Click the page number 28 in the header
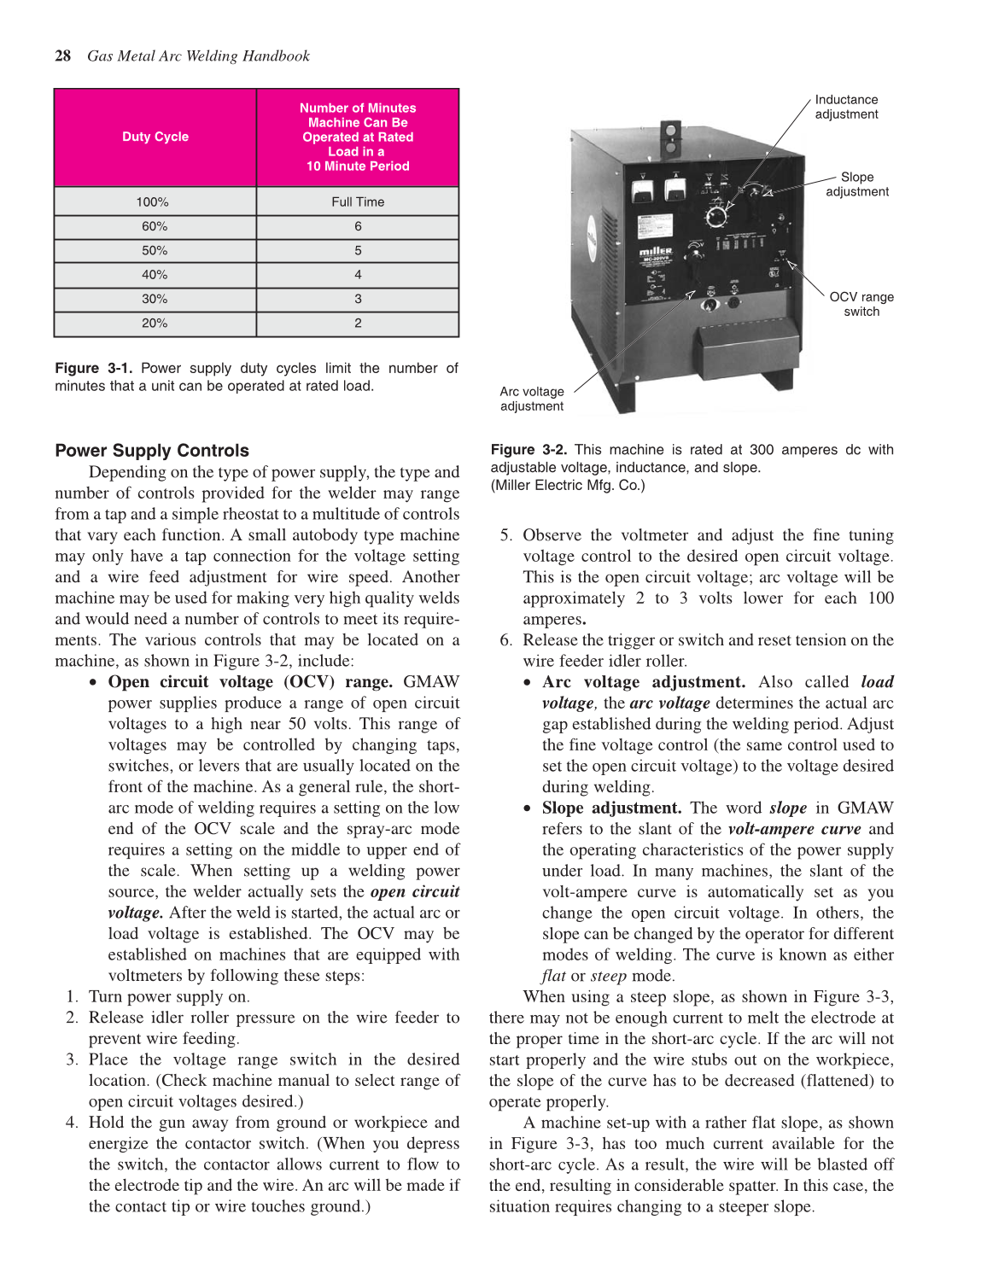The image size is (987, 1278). point(63,56)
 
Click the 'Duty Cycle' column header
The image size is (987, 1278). point(155,137)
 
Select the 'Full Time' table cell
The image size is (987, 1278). point(358,202)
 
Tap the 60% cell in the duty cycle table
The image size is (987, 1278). point(155,226)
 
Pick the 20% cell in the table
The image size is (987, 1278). point(155,324)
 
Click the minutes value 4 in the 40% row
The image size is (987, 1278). point(358,275)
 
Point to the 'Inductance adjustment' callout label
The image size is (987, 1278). point(846,107)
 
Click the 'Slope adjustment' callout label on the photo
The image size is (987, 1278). point(856,184)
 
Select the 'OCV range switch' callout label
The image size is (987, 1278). point(861,304)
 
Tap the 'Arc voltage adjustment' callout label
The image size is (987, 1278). point(532,399)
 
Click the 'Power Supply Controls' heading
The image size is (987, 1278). point(152,451)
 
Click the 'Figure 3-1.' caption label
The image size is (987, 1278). point(93,368)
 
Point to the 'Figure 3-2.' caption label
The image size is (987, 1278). point(529,450)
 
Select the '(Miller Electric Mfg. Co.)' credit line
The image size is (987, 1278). point(568,486)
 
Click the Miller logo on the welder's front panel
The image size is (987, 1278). point(656,252)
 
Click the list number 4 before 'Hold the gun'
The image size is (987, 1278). point(72,1123)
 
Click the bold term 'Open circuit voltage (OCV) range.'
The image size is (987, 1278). point(250,682)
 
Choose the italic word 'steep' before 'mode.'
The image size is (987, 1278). point(609,976)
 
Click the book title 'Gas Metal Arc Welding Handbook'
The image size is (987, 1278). point(198,56)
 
